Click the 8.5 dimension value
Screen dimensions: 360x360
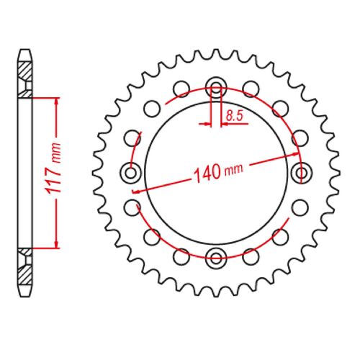coord(234,114)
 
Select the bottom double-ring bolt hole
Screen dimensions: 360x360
coord(216,256)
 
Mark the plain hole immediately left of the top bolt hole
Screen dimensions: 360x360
coord(182,90)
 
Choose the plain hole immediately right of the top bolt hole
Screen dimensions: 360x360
coord(250,90)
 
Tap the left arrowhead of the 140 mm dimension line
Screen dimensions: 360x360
coord(137,189)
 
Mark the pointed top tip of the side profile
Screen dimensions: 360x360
coord(25,50)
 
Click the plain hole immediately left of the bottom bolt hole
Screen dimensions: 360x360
coord(182,254)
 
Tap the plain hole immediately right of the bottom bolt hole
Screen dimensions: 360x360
coord(250,254)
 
